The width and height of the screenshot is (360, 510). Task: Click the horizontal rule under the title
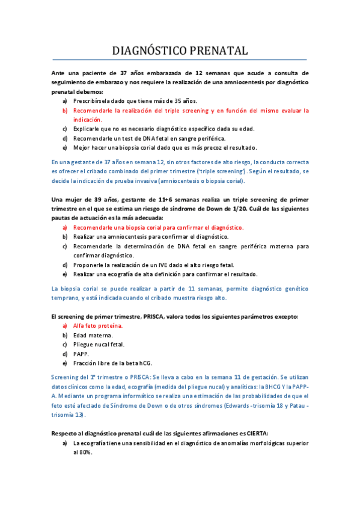coord(180,60)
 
